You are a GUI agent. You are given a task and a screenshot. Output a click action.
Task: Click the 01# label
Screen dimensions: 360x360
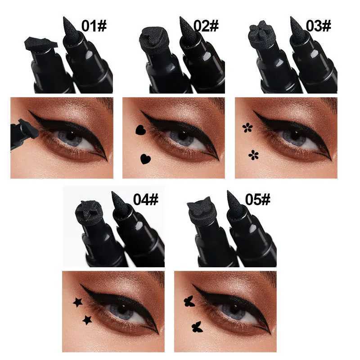[94, 26]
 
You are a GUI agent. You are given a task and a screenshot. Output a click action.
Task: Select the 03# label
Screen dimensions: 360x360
[319, 26]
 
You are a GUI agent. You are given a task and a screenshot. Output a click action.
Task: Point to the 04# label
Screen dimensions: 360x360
[146, 199]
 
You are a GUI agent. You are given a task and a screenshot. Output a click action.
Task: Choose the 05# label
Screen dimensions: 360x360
[258, 199]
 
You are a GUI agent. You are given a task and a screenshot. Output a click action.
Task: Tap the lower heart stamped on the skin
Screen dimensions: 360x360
[145, 158]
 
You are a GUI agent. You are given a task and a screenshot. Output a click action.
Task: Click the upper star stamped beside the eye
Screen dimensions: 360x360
[78, 302]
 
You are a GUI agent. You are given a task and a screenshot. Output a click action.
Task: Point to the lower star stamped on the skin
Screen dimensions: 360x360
[87, 320]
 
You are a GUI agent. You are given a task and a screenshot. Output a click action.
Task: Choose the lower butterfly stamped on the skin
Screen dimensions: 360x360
[196, 326]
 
